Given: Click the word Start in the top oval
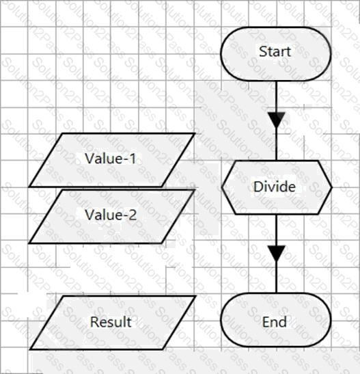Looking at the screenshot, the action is [275, 51].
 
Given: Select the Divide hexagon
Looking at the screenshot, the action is [277, 187].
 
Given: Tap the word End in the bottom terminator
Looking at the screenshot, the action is [275, 322].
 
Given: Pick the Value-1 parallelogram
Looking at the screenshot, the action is [112, 160].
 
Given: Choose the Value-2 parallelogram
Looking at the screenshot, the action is [112, 217].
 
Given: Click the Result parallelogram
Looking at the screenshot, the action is [113, 323].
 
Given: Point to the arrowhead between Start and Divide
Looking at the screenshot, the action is [277, 120].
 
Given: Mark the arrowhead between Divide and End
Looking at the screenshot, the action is [277, 253].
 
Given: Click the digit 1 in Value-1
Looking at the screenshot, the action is [133, 159].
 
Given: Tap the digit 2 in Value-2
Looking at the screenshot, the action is [133, 215].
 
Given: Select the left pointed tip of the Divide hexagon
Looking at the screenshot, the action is [222, 187].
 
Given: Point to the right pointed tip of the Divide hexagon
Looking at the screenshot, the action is [331, 187].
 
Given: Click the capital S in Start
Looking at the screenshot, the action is [263, 51].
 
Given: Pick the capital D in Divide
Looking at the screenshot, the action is [258, 187].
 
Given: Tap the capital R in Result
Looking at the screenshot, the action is [94, 322].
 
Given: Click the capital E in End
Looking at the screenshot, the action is [266, 322].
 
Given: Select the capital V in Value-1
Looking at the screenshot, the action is [89, 159].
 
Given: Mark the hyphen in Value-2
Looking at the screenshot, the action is [126, 216].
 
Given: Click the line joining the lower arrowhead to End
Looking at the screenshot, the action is [277, 277].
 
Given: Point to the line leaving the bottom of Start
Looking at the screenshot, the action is [277, 96].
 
